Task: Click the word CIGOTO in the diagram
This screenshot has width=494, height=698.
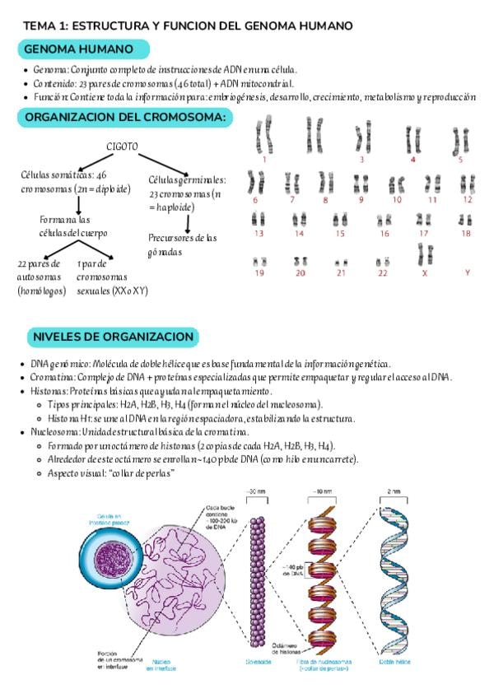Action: coord(121,147)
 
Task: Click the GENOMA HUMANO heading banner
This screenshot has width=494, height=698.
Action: coord(79,50)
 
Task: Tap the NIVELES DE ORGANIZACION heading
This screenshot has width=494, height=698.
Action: coord(113,337)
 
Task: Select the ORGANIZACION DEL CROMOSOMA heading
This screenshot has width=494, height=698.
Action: coord(125,118)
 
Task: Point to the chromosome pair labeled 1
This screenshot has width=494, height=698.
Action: coord(263,134)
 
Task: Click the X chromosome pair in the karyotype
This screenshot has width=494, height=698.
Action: coord(424,255)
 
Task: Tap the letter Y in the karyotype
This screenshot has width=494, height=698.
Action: coord(467,272)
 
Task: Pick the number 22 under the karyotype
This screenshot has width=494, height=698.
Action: coord(382,272)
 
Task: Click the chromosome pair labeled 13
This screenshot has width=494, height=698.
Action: coord(259,220)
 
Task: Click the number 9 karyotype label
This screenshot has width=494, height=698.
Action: coord(361,199)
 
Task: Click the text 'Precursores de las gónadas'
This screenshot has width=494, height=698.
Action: coord(183,244)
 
